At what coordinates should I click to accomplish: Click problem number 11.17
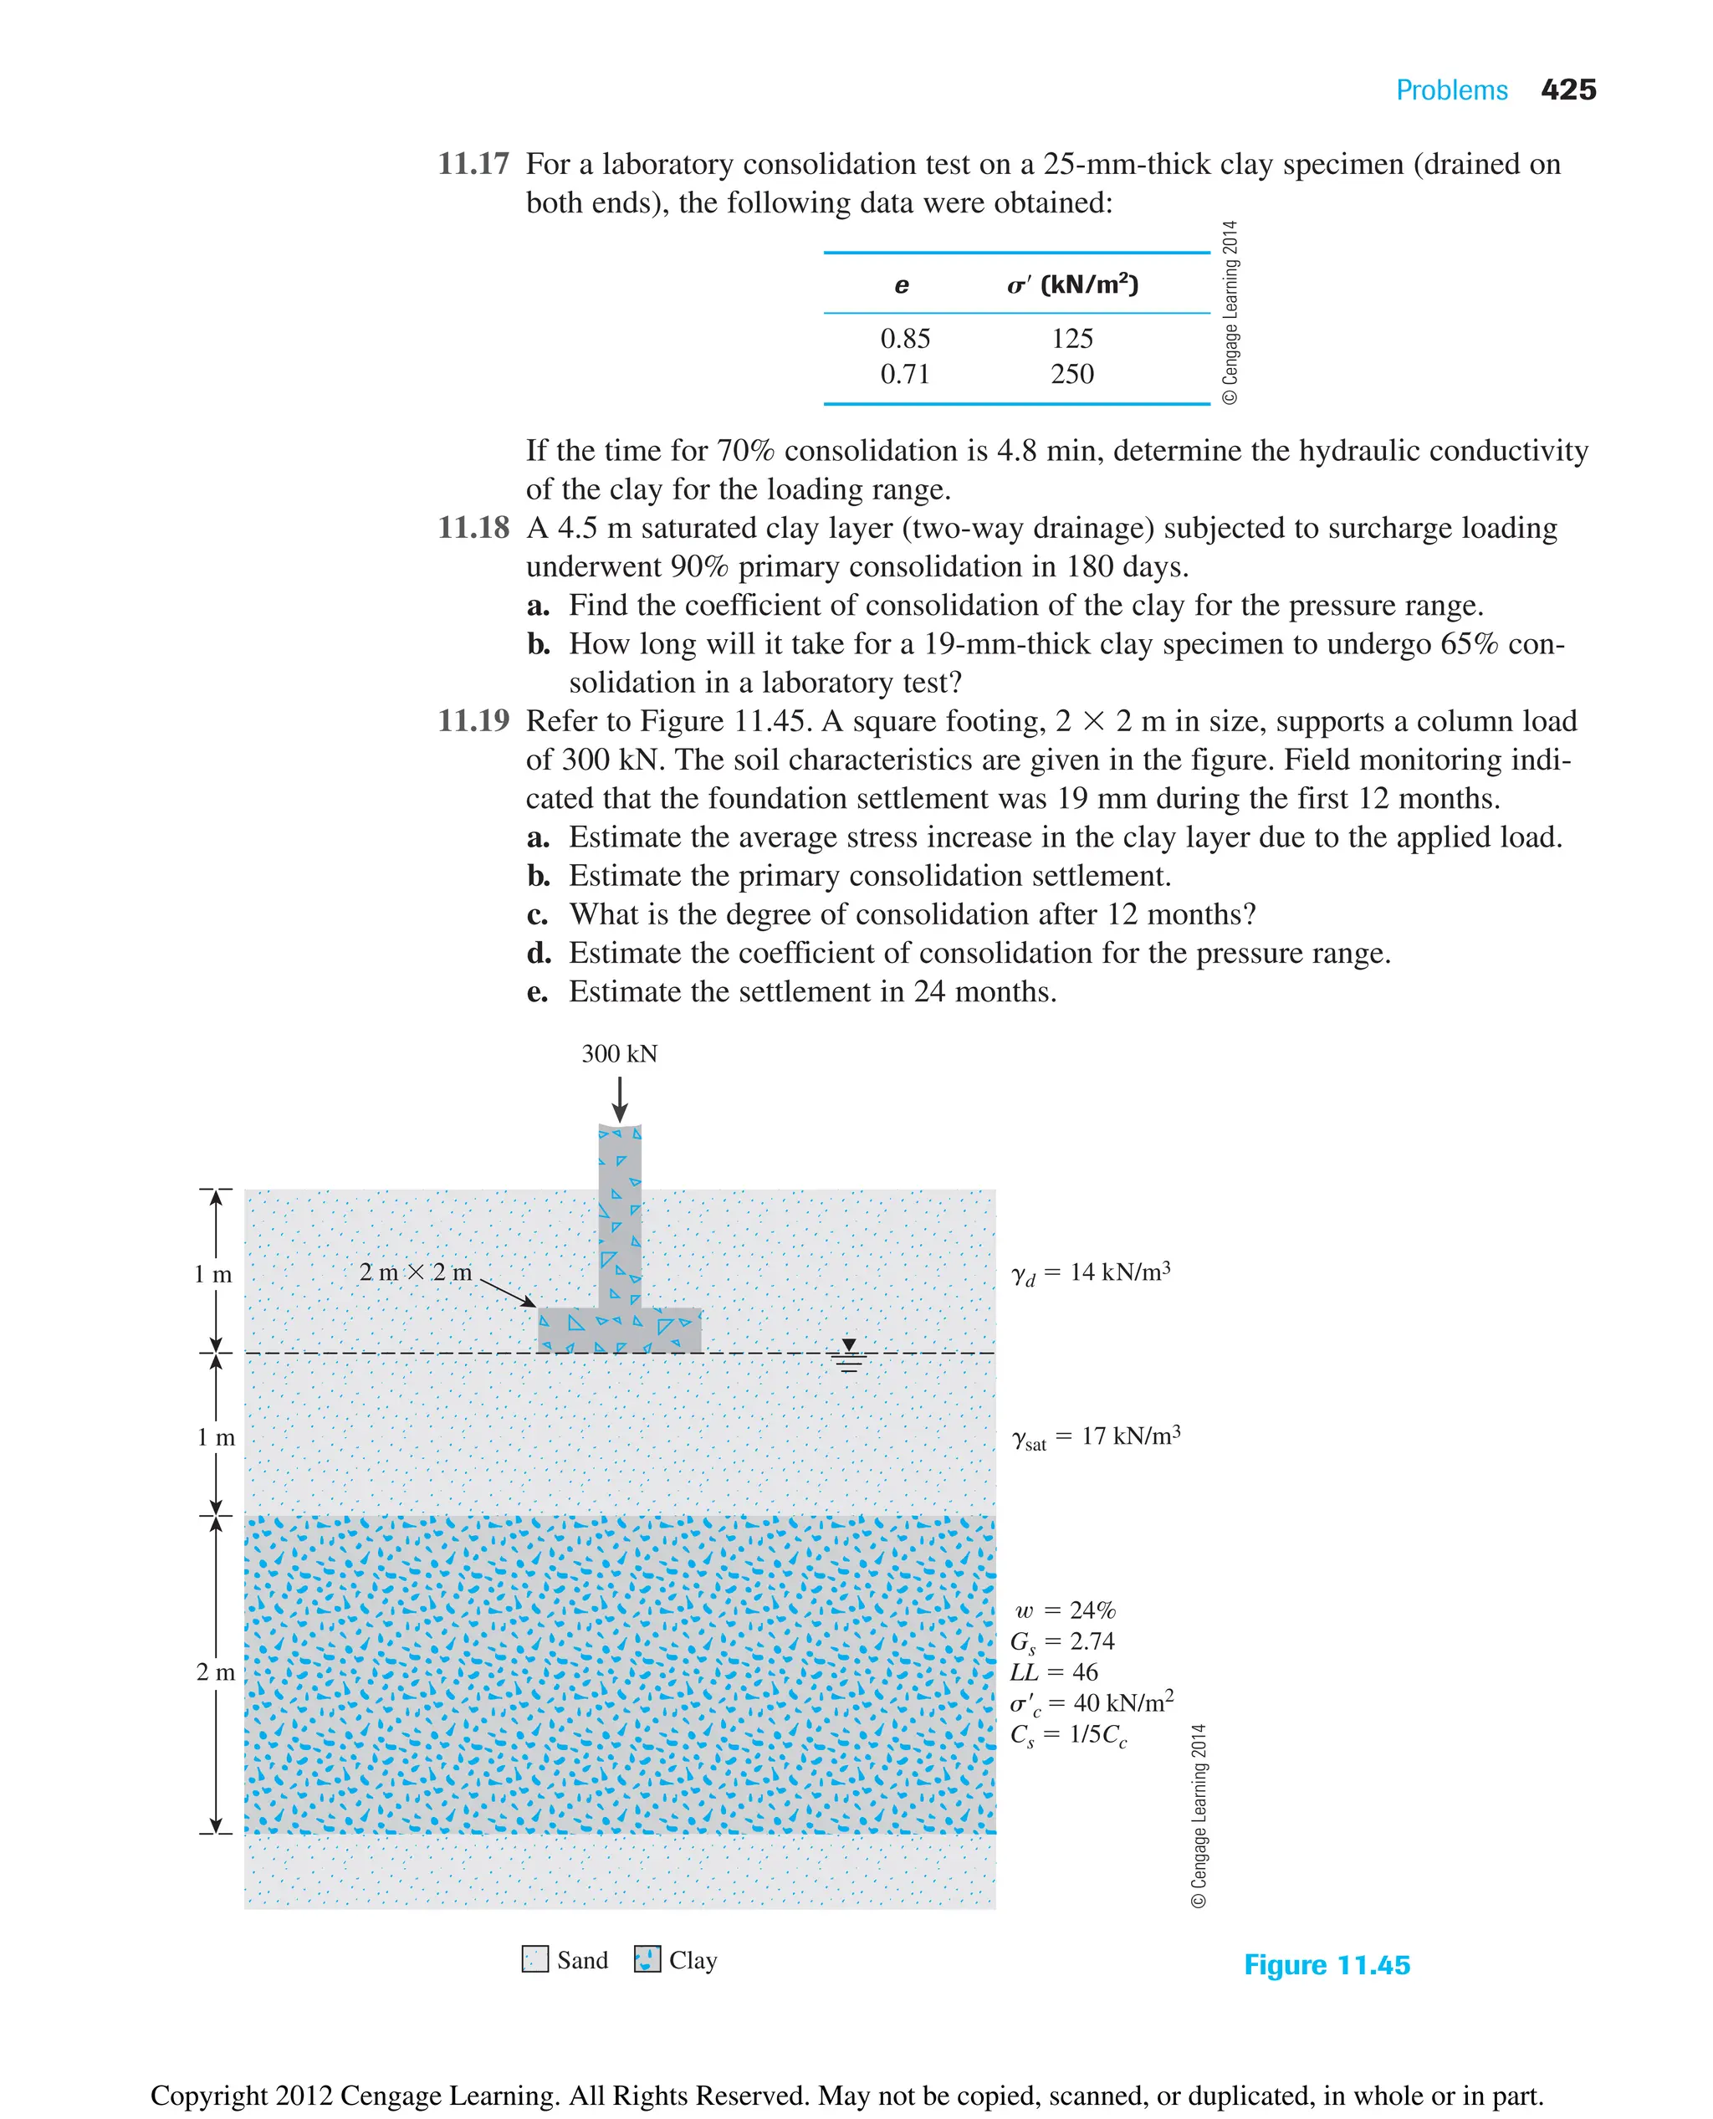[473, 164]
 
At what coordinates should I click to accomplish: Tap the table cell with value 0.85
[904, 339]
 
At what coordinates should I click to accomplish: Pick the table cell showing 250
[1071, 374]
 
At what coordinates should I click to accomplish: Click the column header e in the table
[901, 285]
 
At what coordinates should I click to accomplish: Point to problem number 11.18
[473, 528]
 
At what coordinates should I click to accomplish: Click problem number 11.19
[473, 721]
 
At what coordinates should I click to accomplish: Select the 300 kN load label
[619, 1054]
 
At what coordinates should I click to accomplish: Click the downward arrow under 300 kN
[620, 1098]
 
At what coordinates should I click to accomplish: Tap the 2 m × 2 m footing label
[416, 1272]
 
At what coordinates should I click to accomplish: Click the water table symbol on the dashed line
[849, 1356]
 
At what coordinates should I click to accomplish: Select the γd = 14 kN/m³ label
[1091, 1273]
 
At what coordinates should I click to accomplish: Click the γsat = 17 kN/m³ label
[1095, 1437]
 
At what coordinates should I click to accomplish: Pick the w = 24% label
[1064, 1610]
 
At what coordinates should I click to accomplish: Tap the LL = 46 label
[1053, 1672]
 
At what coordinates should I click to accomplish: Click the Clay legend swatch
[647, 1959]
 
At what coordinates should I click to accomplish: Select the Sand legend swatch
[534, 1959]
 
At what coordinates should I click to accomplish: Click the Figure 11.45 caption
[1327, 1965]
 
